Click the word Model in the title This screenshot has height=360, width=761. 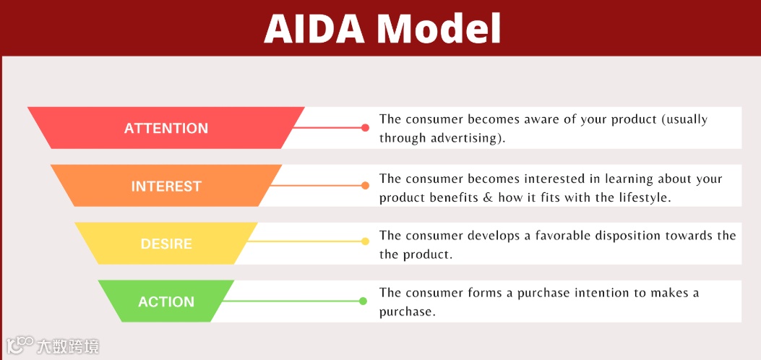[439, 29]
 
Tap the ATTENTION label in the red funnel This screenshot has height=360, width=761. [166, 128]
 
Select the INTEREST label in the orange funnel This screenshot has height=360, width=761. [166, 186]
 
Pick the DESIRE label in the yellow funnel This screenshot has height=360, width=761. [166, 244]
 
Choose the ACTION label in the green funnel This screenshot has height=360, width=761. [166, 301]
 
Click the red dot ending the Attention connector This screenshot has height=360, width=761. [365, 128]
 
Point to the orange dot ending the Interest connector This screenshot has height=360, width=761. [365, 185]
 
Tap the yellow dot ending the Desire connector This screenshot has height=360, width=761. [365, 241]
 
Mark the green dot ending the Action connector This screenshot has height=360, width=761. [363, 301]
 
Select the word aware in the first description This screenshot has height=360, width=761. [546, 120]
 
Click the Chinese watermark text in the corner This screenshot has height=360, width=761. [68, 346]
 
